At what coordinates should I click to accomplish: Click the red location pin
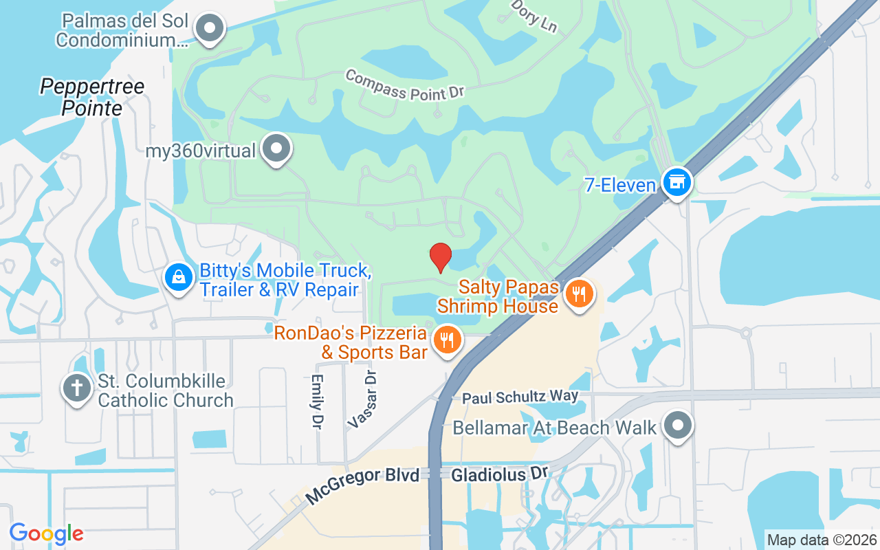coord(441,257)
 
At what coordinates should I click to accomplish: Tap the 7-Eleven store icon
coord(677,182)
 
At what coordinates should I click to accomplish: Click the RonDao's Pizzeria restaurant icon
coord(448,339)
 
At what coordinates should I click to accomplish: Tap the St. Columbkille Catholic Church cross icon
coord(76,388)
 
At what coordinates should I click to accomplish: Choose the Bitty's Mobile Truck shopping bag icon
coord(179,278)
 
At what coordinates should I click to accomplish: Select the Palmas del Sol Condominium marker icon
coord(210,29)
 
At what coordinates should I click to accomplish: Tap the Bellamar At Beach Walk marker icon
coord(679,425)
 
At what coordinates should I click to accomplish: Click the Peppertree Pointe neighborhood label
coord(92,97)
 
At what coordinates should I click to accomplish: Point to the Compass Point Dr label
coord(406,85)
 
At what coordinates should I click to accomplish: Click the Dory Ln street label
coord(534,16)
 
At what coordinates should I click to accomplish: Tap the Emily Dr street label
coord(317,402)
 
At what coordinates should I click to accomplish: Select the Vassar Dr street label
coord(363,399)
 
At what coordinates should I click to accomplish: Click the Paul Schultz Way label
coord(520,397)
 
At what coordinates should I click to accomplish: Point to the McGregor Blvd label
coord(362,485)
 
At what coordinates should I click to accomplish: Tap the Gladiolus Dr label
coord(498,474)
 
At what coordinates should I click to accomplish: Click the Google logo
coord(46,533)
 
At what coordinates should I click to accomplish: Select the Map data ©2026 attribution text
coord(822,540)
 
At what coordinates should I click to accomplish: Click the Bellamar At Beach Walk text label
coord(555,428)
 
